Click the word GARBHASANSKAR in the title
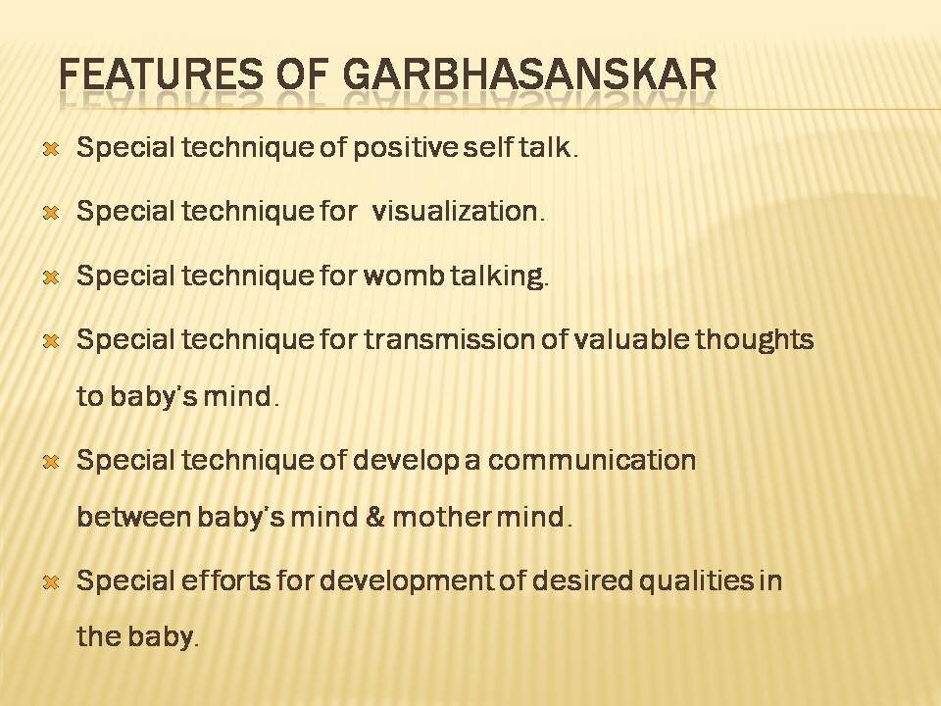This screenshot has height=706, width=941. pos(530,76)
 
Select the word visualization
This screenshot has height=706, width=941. pos(458,212)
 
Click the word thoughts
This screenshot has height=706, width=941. pos(755,340)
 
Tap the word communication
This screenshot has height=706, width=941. pos(592,460)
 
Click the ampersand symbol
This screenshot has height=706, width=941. pos(374,517)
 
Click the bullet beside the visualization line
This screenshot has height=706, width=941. pos(52,213)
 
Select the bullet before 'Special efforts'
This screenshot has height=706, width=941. pos(52,581)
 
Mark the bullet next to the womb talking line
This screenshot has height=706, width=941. pos(52,277)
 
